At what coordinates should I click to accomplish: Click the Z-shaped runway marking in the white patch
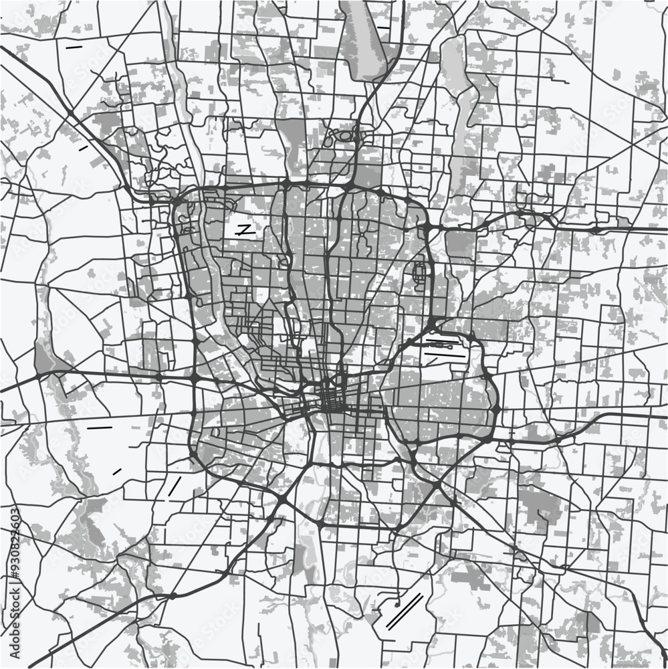pos(245,229)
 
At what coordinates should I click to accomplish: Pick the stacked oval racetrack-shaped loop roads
pos(420,272)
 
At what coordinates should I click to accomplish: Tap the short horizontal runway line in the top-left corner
pos(74,47)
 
